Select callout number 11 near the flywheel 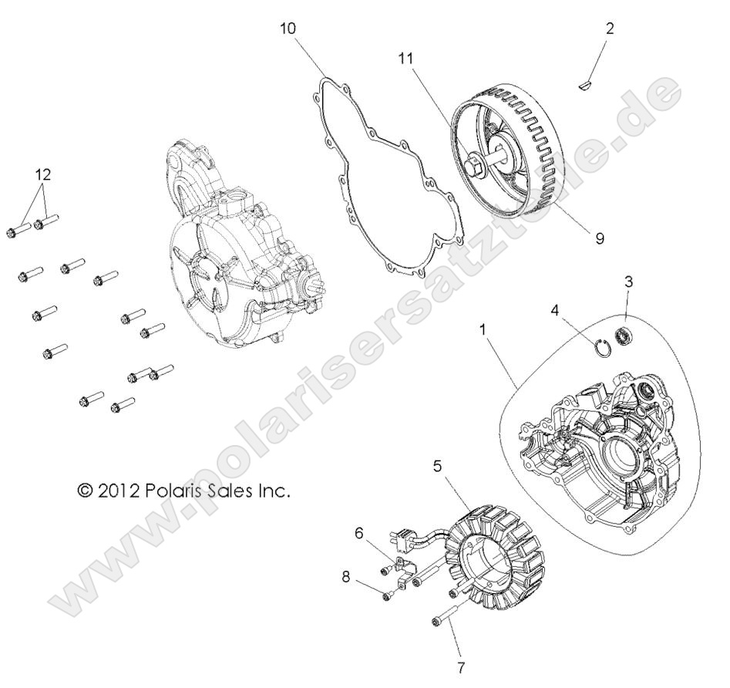[x=407, y=58]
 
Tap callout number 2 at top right [x=610, y=29]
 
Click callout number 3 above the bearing [x=628, y=282]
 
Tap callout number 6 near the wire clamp [x=358, y=532]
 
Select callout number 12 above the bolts [x=43, y=174]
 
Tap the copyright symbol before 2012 [x=84, y=491]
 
